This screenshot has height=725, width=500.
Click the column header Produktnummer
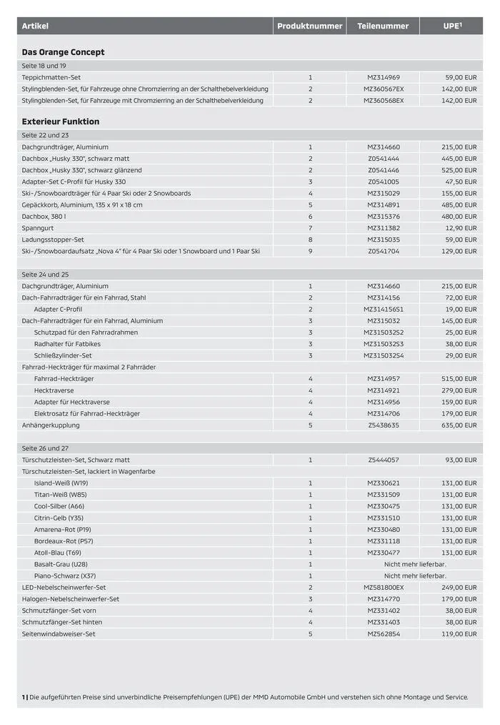pos(309,26)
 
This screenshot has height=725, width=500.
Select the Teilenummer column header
pos(383,26)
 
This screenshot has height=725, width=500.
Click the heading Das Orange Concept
pos(63,52)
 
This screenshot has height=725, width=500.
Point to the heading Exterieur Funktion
pos(61,122)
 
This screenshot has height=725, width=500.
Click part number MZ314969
pos(384,77)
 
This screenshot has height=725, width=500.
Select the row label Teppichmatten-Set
pos(51,77)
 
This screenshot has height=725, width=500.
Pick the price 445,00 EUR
pos(459,159)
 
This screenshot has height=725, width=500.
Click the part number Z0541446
pos(384,170)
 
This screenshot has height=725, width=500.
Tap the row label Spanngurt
pos(36,228)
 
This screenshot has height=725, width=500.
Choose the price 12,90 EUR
pos(461,228)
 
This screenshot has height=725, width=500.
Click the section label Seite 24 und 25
pos(45,275)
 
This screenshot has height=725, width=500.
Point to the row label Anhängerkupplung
pos(51,425)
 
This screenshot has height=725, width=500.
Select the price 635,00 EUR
pos(459,425)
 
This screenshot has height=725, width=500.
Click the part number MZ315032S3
pos(384,344)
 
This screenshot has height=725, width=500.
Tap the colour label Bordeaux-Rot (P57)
pos(64,541)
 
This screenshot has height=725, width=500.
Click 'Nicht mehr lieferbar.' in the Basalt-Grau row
pos(415,564)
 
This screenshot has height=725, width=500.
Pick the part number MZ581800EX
pos(384,588)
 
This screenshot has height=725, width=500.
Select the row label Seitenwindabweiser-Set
pos(59,634)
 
